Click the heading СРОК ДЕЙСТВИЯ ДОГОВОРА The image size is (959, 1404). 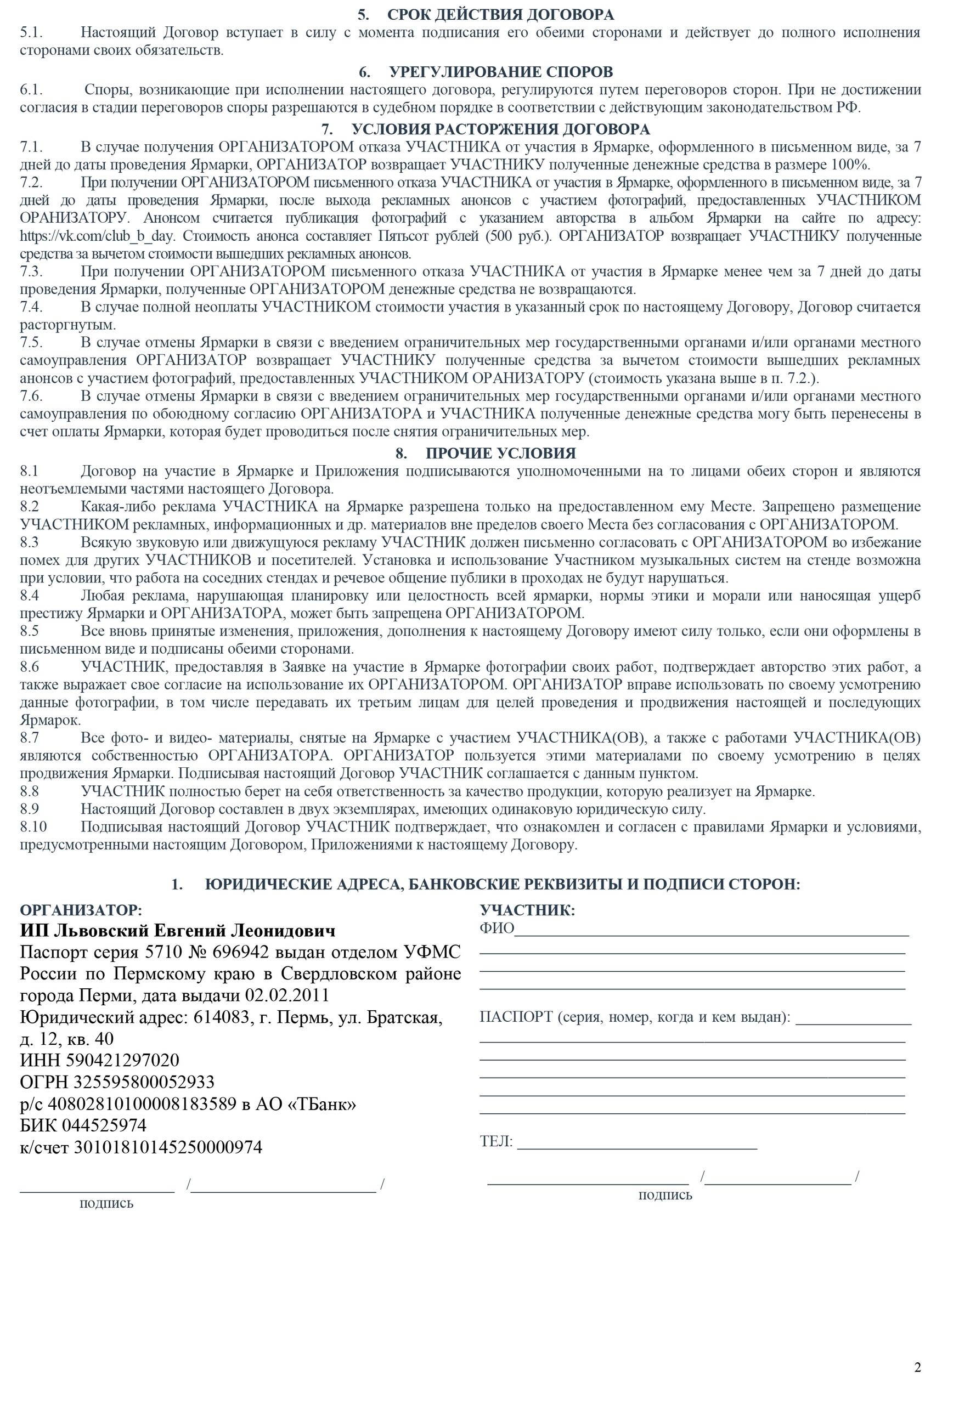pos(500,14)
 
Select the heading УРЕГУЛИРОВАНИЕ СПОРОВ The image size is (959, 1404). pos(500,72)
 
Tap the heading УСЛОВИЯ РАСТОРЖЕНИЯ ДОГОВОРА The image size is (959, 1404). pos(500,129)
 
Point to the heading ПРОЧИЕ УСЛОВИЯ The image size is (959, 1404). pos(500,453)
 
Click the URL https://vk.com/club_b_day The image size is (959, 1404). pos(97,236)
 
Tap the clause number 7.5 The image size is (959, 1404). pos(31,343)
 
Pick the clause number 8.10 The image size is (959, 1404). pos(33,827)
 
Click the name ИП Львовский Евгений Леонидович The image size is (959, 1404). pos(177,931)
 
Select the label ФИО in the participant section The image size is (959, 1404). pos(496,929)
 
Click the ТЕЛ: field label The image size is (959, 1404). pos(496,1141)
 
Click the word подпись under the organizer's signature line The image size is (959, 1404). pos(106,1203)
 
